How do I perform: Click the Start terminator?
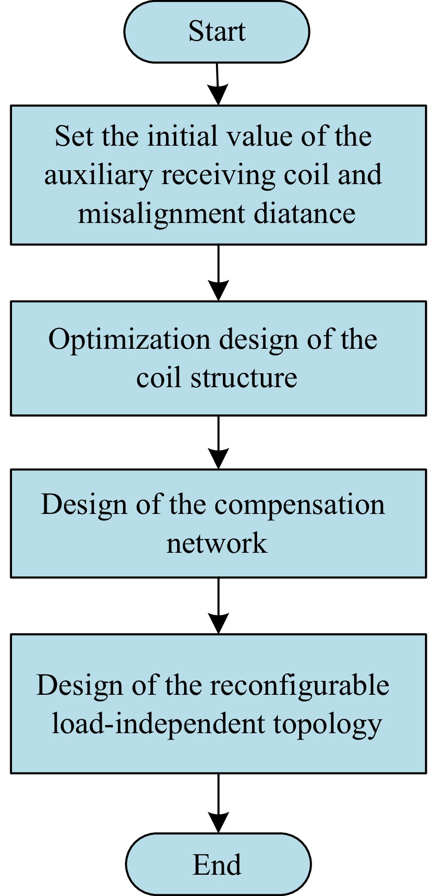[x=216, y=31]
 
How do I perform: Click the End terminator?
[x=217, y=864]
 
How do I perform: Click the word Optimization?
[x=129, y=340]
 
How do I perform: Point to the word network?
[x=216, y=543]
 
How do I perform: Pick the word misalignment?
[x=161, y=215]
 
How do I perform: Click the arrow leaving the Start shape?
[x=218, y=83]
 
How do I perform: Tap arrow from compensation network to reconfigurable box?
[x=218, y=606]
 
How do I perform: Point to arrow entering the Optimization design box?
[x=218, y=273]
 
